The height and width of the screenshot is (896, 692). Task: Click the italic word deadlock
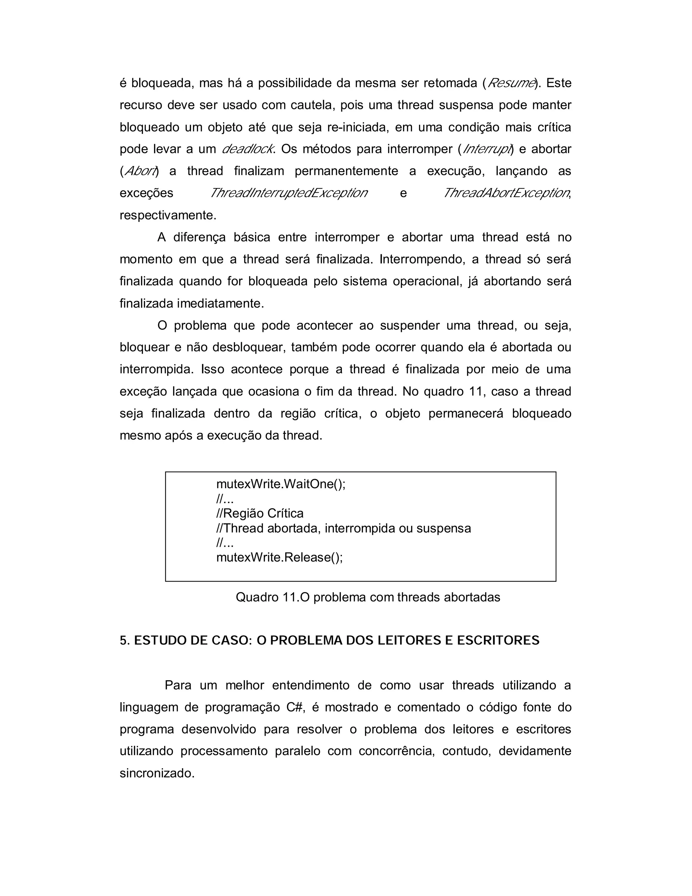coord(247,149)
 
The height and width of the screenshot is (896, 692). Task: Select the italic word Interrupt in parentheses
coord(487,149)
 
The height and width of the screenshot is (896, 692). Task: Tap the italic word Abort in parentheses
coord(140,171)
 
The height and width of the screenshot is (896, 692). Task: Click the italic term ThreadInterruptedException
coord(289,193)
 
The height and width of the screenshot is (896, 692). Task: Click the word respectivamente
coord(167,215)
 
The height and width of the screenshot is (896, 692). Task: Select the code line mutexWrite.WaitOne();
coord(281,484)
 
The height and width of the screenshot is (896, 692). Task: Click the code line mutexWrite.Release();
coord(279,557)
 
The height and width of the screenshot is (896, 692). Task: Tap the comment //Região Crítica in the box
coord(260,513)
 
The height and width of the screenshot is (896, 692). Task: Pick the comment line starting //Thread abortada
coord(344,528)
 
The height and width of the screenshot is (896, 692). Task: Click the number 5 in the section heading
coord(123,641)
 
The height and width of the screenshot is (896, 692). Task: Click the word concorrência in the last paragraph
coord(396,751)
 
